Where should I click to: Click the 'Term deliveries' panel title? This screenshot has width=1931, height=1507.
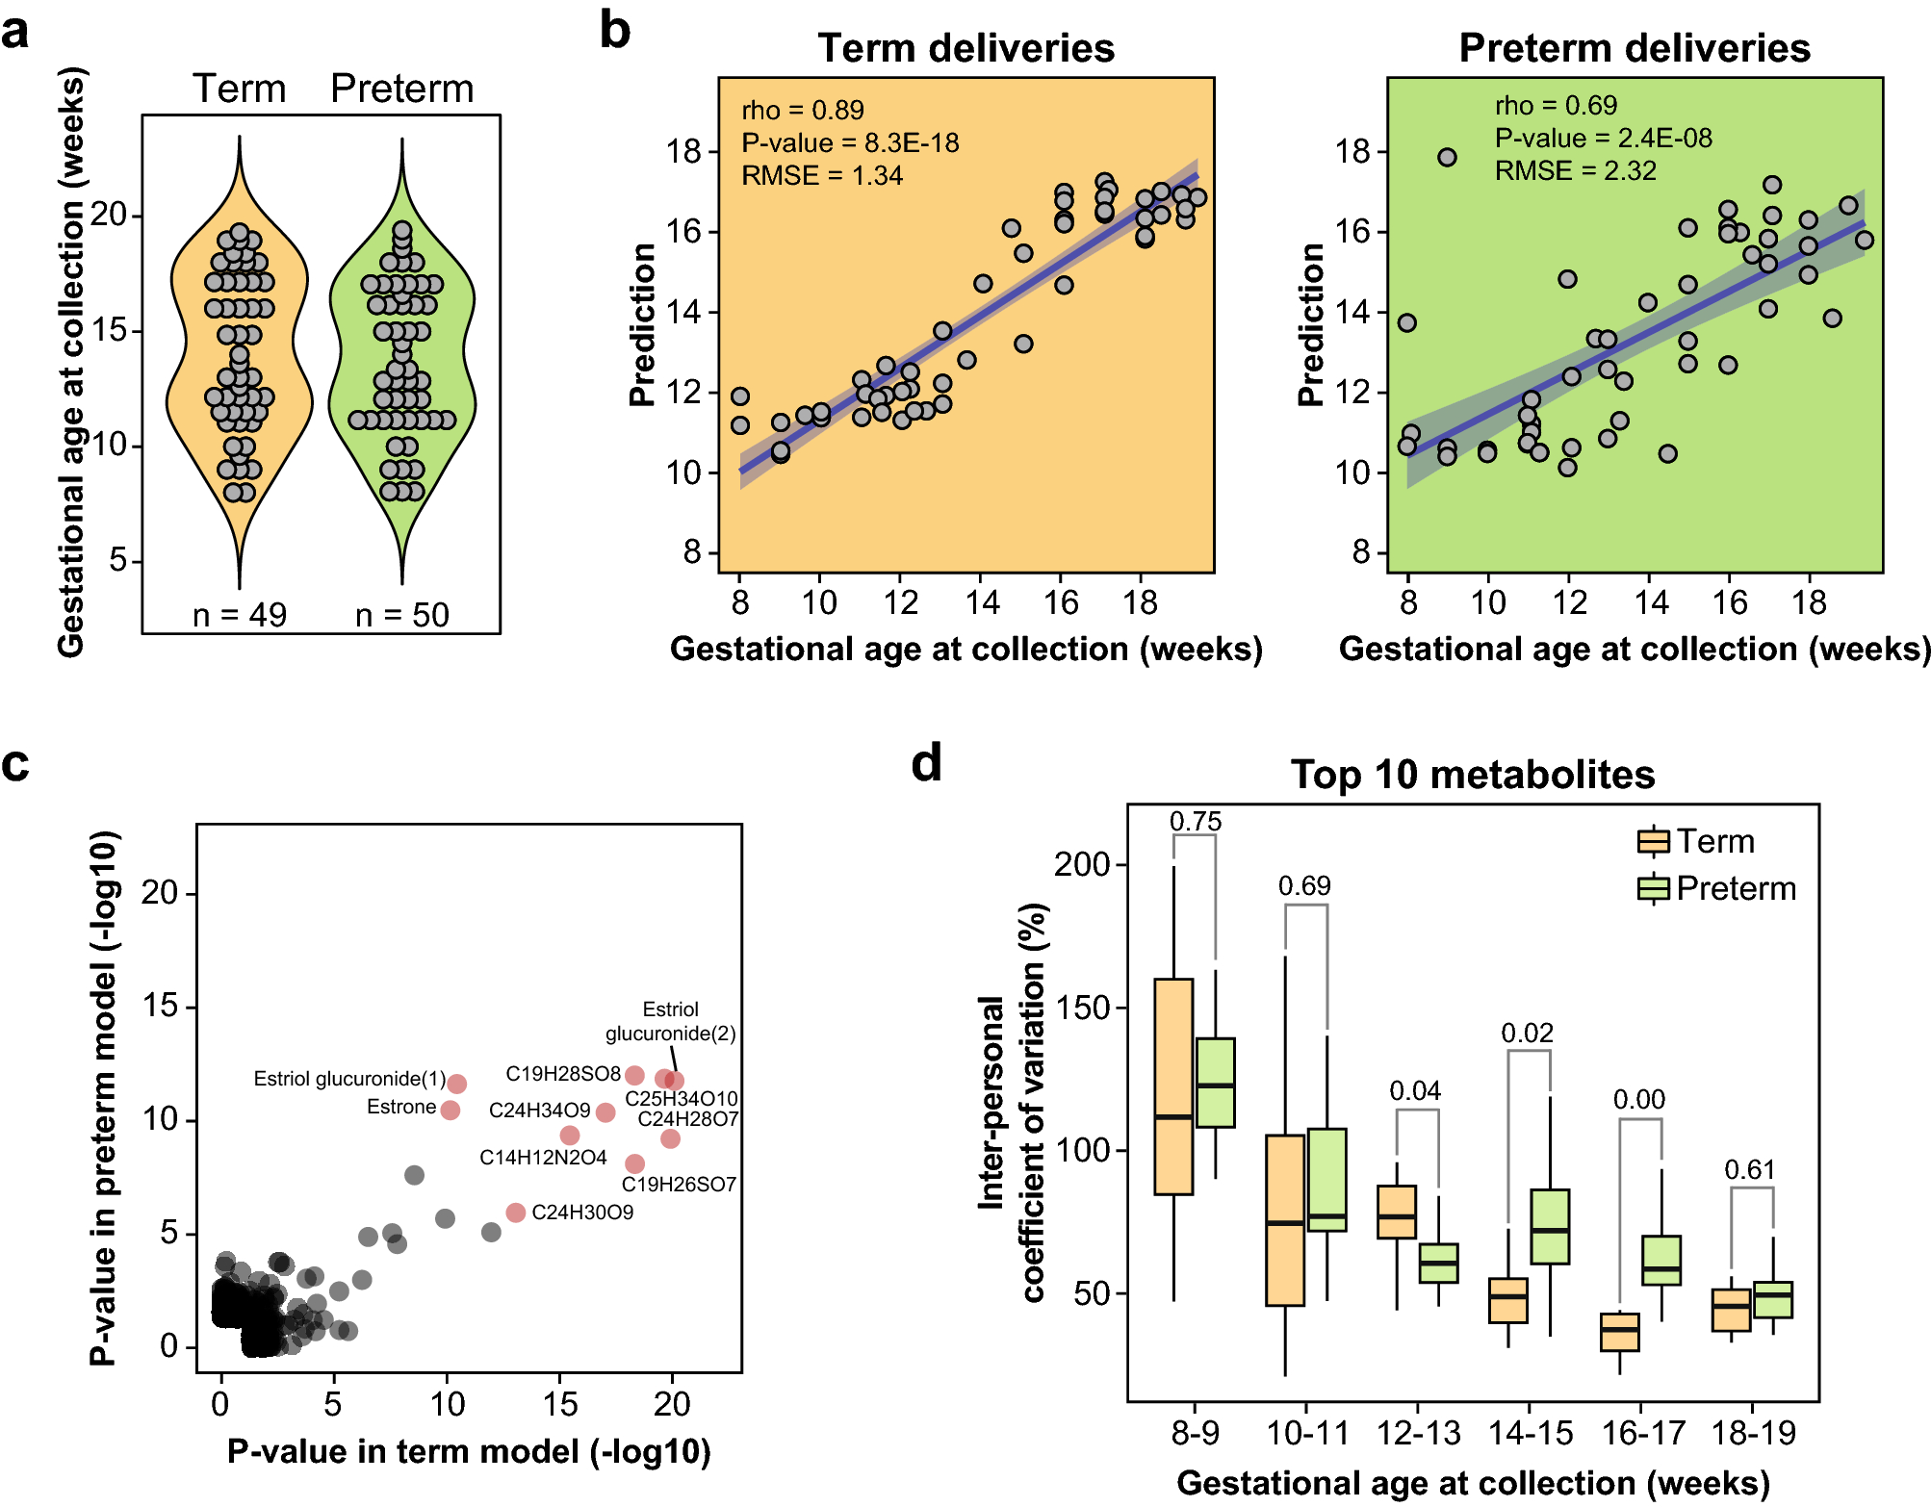(965, 48)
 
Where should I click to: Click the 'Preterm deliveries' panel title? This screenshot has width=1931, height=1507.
(1634, 48)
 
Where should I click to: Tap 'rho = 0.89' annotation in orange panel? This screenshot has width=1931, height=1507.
(802, 110)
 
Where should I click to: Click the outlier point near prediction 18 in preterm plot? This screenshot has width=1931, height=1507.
(1447, 157)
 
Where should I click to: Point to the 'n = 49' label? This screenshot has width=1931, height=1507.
(240, 614)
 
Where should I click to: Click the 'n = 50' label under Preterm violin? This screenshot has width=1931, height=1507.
(402, 614)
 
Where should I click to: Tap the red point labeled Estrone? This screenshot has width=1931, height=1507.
(450, 1110)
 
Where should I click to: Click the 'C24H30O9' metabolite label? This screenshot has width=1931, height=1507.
(582, 1213)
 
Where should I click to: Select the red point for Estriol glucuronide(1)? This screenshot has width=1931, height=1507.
(457, 1084)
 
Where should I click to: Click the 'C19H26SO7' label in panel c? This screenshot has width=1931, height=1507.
(679, 1185)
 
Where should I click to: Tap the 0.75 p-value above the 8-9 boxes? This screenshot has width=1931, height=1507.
(1195, 821)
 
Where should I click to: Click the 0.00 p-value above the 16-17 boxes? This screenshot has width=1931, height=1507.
(1638, 1099)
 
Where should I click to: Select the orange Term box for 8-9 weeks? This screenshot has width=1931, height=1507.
(1173, 1086)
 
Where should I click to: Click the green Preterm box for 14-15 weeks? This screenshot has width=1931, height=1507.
(1550, 1226)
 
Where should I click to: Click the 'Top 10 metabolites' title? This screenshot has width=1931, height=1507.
(1472, 775)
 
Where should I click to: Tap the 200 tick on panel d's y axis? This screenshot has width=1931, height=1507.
(1082, 864)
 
